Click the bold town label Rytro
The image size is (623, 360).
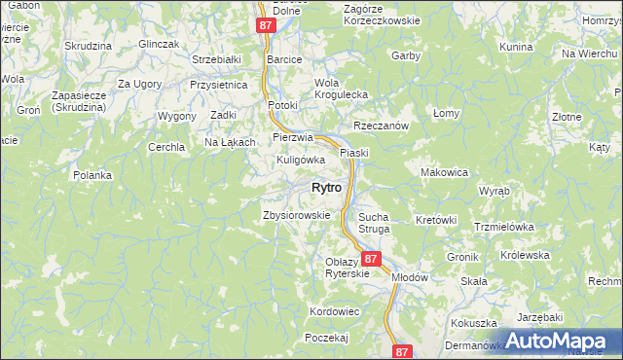(325, 187)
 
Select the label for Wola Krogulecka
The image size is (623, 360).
(339, 89)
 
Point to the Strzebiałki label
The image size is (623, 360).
(216, 59)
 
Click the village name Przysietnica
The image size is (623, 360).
(219, 85)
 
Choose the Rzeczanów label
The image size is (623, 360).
(380, 126)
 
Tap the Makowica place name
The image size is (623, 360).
(445, 171)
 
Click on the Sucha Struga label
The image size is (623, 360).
(374, 223)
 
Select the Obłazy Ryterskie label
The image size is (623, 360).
(348, 268)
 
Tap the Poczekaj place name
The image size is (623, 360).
(326, 337)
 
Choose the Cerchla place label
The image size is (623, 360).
(165, 147)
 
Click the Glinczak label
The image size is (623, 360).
(158, 44)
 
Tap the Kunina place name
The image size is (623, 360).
(516, 47)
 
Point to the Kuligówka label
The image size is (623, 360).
(300, 159)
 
